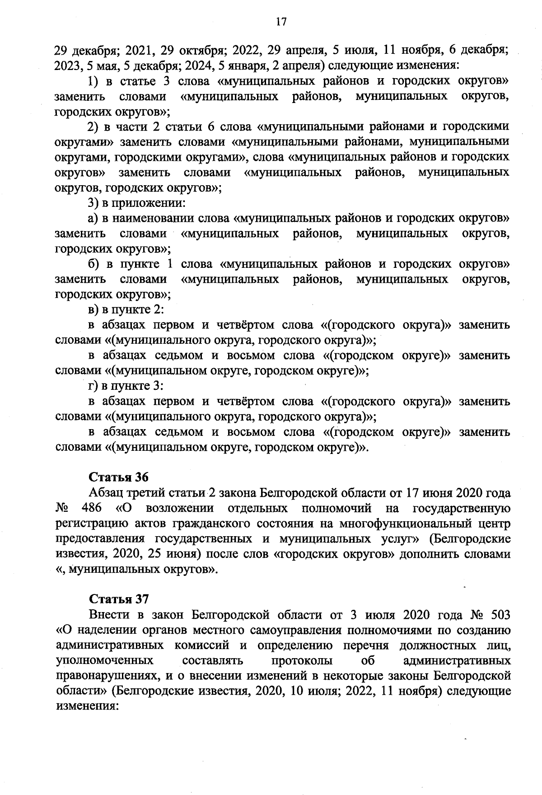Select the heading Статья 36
tap(119, 477)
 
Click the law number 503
tap(499, 615)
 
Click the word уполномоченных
tap(103, 661)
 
